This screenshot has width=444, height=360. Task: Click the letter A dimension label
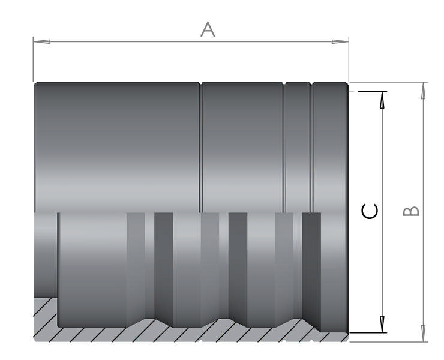[208, 29]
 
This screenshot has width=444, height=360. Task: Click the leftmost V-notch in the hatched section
[163, 322]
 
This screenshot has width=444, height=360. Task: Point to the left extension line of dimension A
[33, 60]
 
